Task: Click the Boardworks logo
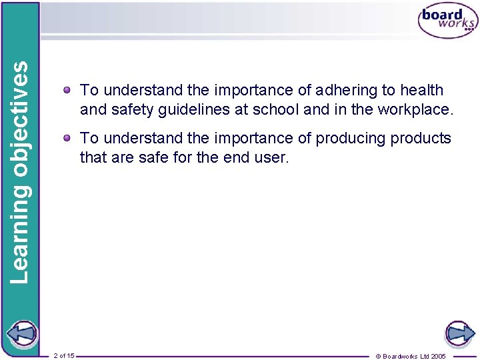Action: point(447,21)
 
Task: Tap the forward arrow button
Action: point(459,333)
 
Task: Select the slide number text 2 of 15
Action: point(63,355)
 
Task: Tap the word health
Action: point(421,90)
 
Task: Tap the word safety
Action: point(133,109)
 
